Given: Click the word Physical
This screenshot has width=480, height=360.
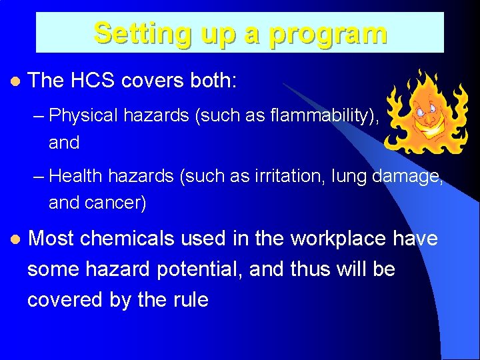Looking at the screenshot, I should tap(85, 116).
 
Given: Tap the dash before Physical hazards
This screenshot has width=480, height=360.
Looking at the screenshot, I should tap(39, 117).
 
